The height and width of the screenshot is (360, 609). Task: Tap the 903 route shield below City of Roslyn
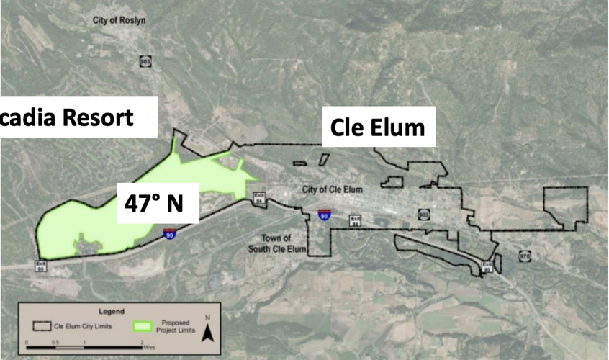[x=145, y=62]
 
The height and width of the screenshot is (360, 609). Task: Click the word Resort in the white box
[x=96, y=117]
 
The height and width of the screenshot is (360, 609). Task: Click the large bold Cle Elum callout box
[x=377, y=127]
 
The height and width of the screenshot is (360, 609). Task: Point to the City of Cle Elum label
[x=330, y=189]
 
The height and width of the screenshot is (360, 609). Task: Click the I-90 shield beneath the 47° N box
[x=168, y=235]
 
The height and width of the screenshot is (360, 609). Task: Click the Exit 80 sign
[x=41, y=265]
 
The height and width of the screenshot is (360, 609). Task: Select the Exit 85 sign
[x=487, y=267]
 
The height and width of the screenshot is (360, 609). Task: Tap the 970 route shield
[x=525, y=256]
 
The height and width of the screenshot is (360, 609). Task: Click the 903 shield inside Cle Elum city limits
[x=423, y=214]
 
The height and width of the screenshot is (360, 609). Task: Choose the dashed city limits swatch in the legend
[x=41, y=325]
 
